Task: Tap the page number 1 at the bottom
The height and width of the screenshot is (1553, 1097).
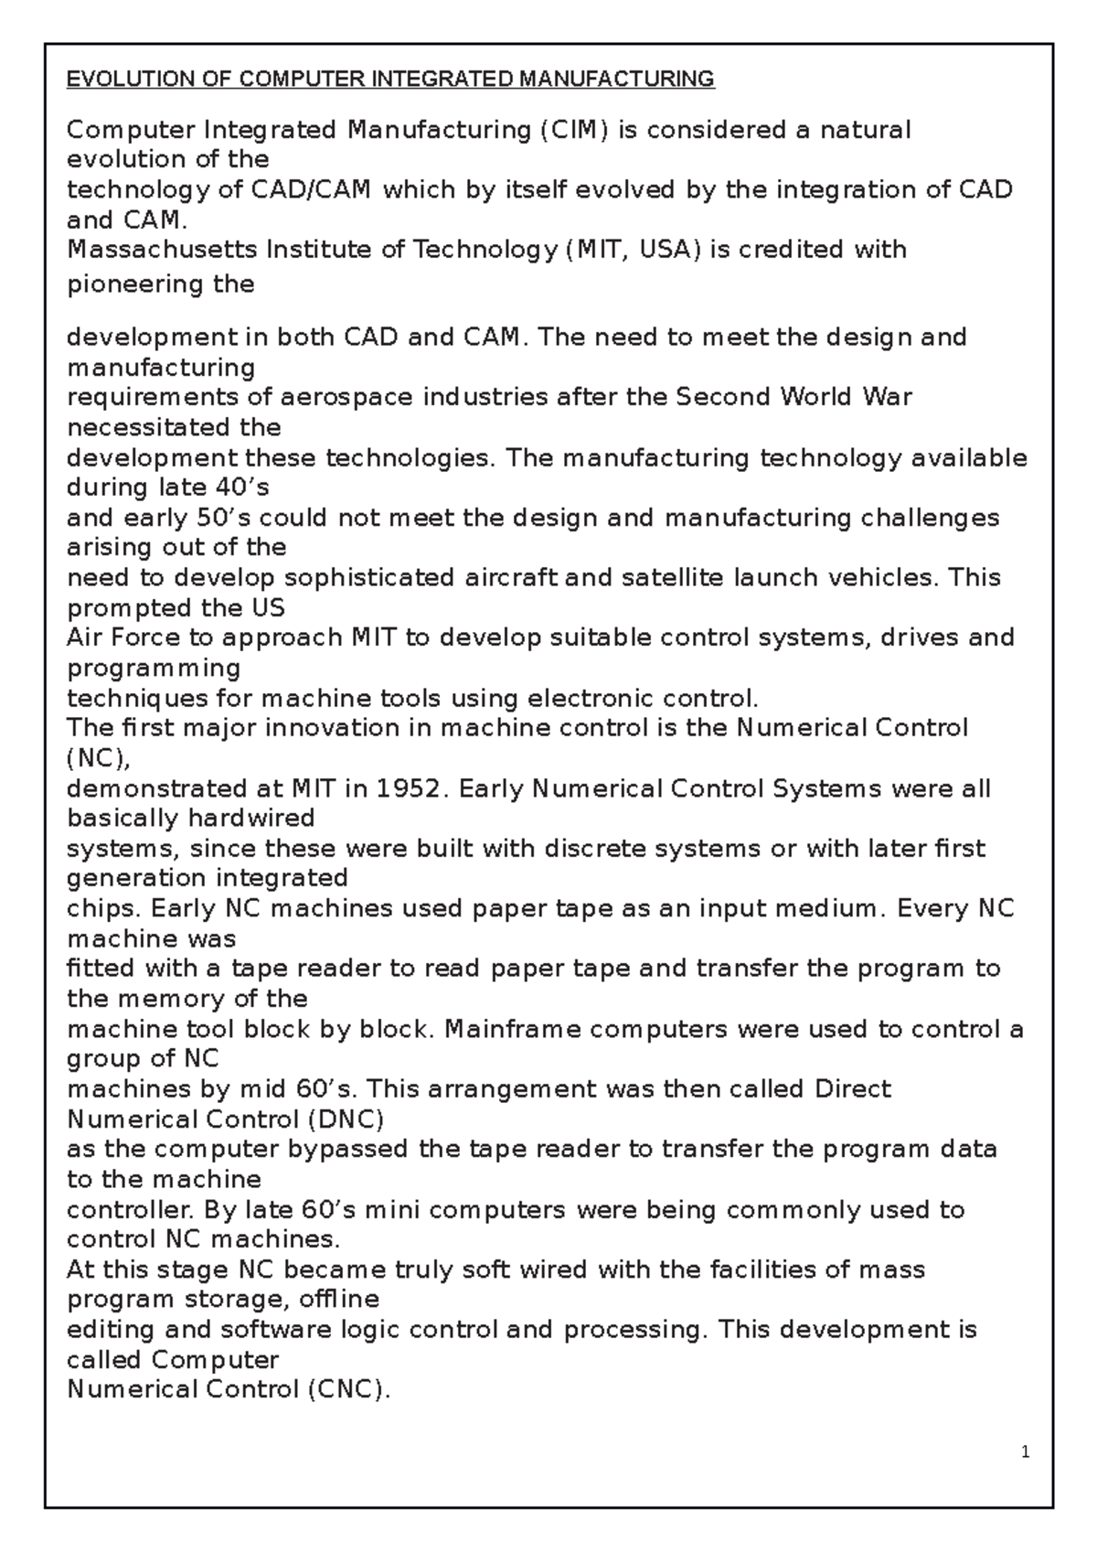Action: [x=1026, y=1452]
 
